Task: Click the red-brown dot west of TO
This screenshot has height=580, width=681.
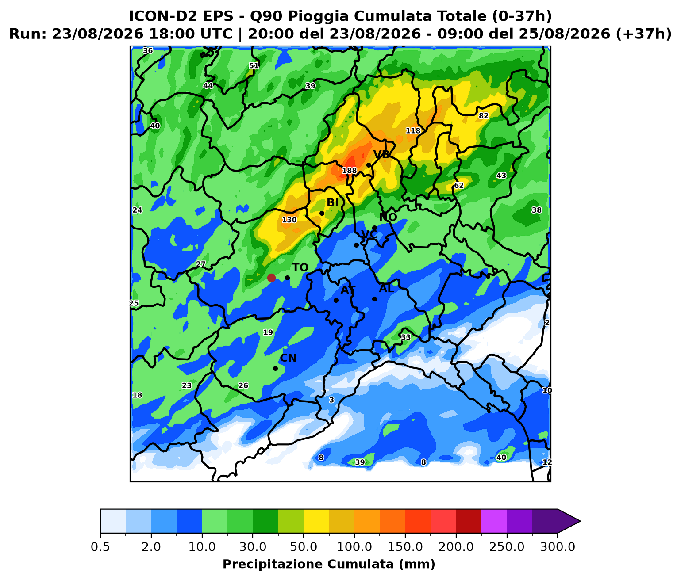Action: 271,278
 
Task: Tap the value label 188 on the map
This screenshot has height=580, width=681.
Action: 349,171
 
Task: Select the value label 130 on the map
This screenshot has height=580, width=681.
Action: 289,220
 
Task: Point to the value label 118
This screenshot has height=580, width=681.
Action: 413,131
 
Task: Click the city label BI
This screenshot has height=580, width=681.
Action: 332,203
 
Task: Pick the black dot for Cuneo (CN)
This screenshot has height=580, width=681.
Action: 275,368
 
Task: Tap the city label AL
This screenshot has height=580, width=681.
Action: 386,288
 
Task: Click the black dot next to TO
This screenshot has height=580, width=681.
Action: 287,278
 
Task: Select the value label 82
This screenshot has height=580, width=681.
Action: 483,116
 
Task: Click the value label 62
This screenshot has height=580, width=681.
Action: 458,185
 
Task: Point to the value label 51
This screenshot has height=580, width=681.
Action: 254,66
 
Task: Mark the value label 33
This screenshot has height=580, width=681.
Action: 406,337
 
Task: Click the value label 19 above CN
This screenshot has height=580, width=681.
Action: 268,332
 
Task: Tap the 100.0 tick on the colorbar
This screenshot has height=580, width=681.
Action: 354,547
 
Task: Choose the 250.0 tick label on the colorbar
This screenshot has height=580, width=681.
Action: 507,547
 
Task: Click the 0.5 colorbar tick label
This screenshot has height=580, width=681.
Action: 100,547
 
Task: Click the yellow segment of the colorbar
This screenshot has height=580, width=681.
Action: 316,521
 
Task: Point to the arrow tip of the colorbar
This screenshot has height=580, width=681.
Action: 581,521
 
